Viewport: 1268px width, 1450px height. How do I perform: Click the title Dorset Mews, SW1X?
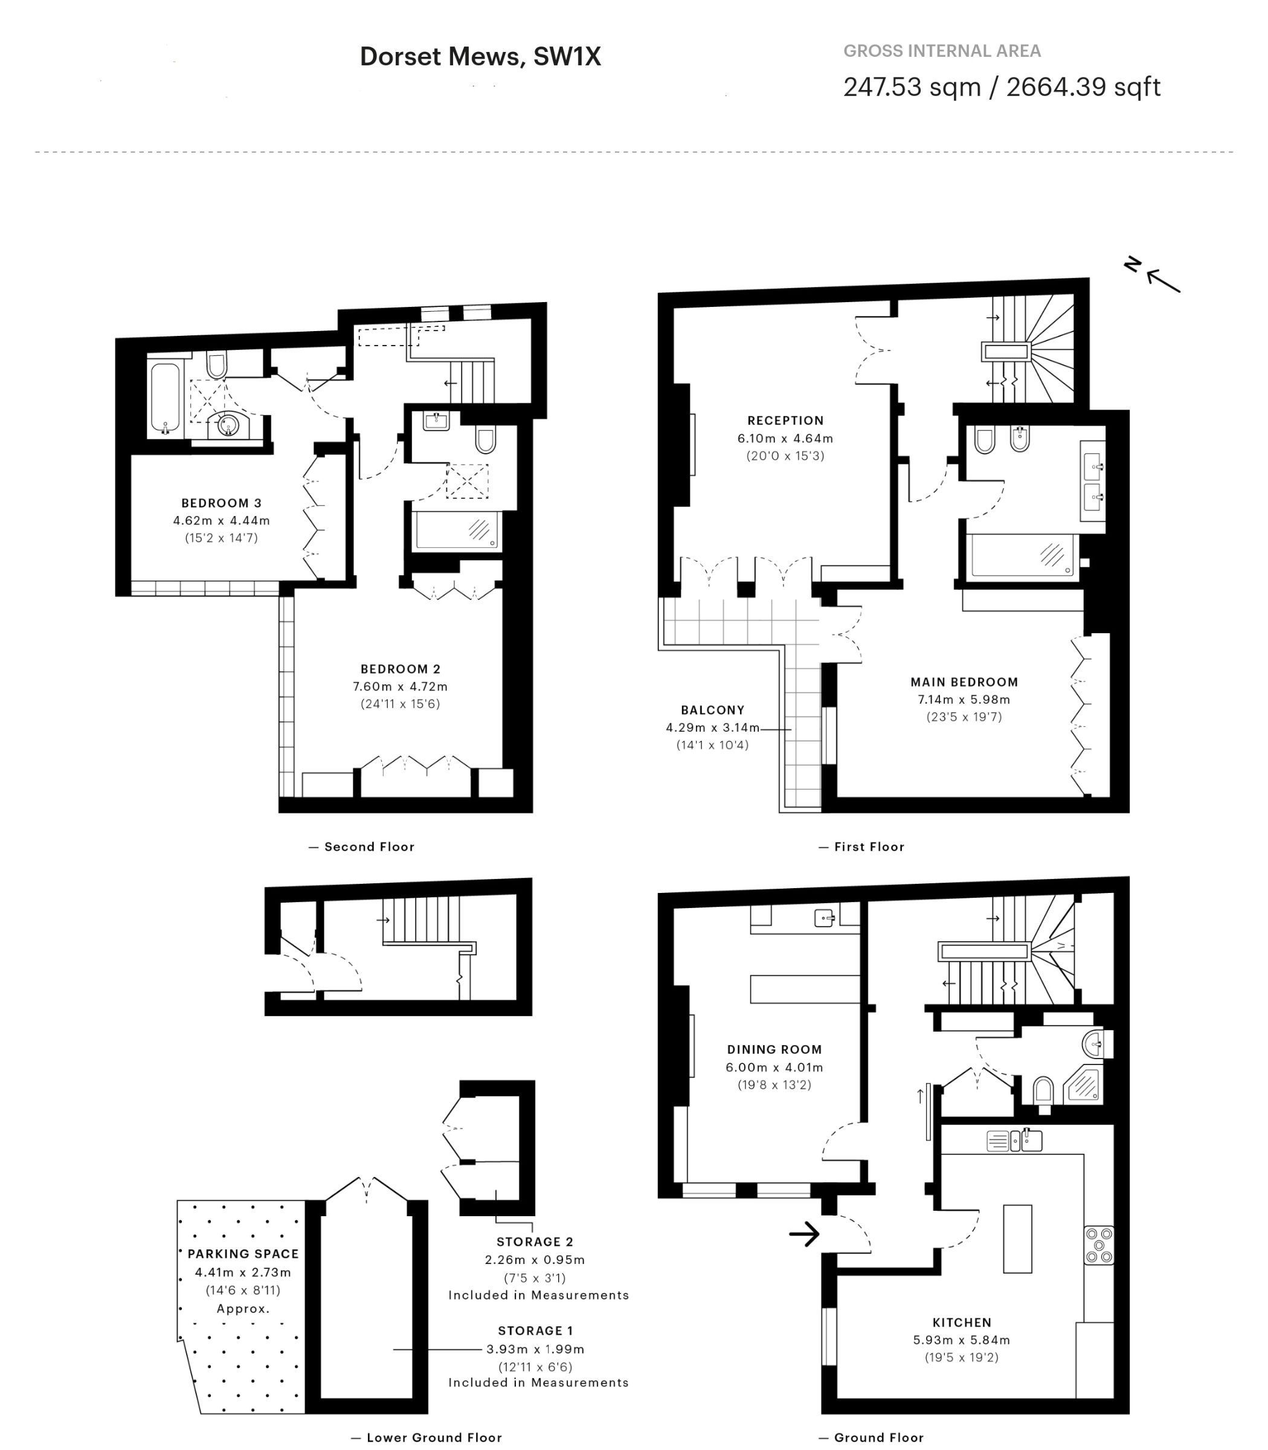[480, 57]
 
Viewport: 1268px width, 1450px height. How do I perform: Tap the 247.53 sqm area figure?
[912, 87]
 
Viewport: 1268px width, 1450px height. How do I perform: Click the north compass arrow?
[1163, 281]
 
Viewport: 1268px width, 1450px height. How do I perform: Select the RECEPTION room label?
[785, 420]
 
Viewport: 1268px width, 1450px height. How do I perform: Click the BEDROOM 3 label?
[222, 503]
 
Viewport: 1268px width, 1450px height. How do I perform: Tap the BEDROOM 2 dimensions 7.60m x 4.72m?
[401, 686]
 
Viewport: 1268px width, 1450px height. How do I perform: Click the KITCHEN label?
[962, 1322]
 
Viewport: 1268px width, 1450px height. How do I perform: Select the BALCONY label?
[713, 710]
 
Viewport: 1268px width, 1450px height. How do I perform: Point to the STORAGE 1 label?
[536, 1330]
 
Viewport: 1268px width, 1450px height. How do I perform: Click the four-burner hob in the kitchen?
[1099, 1245]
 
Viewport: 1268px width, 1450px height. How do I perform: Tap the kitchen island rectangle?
[1017, 1239]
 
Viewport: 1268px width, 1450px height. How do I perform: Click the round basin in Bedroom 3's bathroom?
[227, 425]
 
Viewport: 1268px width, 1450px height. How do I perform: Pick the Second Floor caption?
[369, 846]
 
